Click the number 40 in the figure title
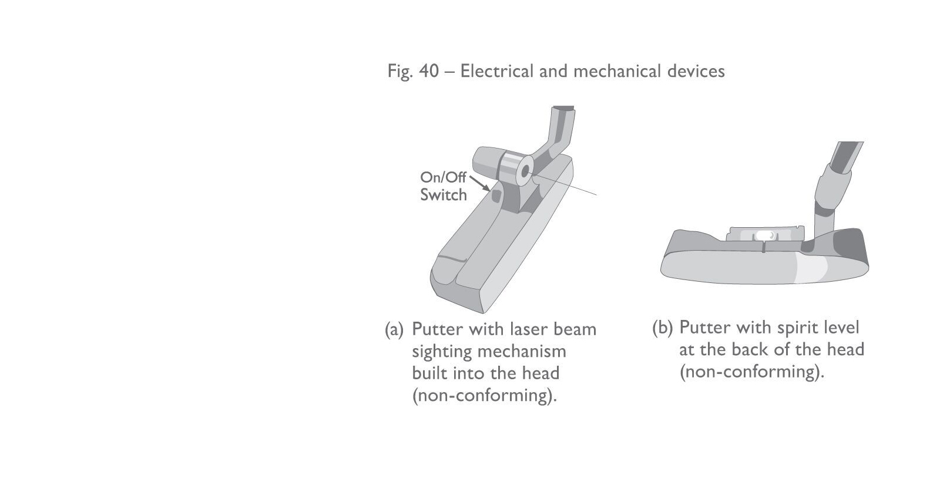[x=429, y=71]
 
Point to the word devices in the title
[x=696, y=71]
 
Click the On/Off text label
[x=443, y=177]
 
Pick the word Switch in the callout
[x=443, y=195]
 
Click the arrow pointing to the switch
[x=480, y=183]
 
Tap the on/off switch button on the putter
[x=496, y=194]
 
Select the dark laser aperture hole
[x=525, y=170]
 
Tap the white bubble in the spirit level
[x=764, y=235]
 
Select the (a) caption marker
[x=394, y=329]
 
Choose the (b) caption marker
[x=662, y=328]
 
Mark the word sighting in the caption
[x=442, y=352]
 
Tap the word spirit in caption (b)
[x=795, y=328]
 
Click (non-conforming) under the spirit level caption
[x=752, y=372]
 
